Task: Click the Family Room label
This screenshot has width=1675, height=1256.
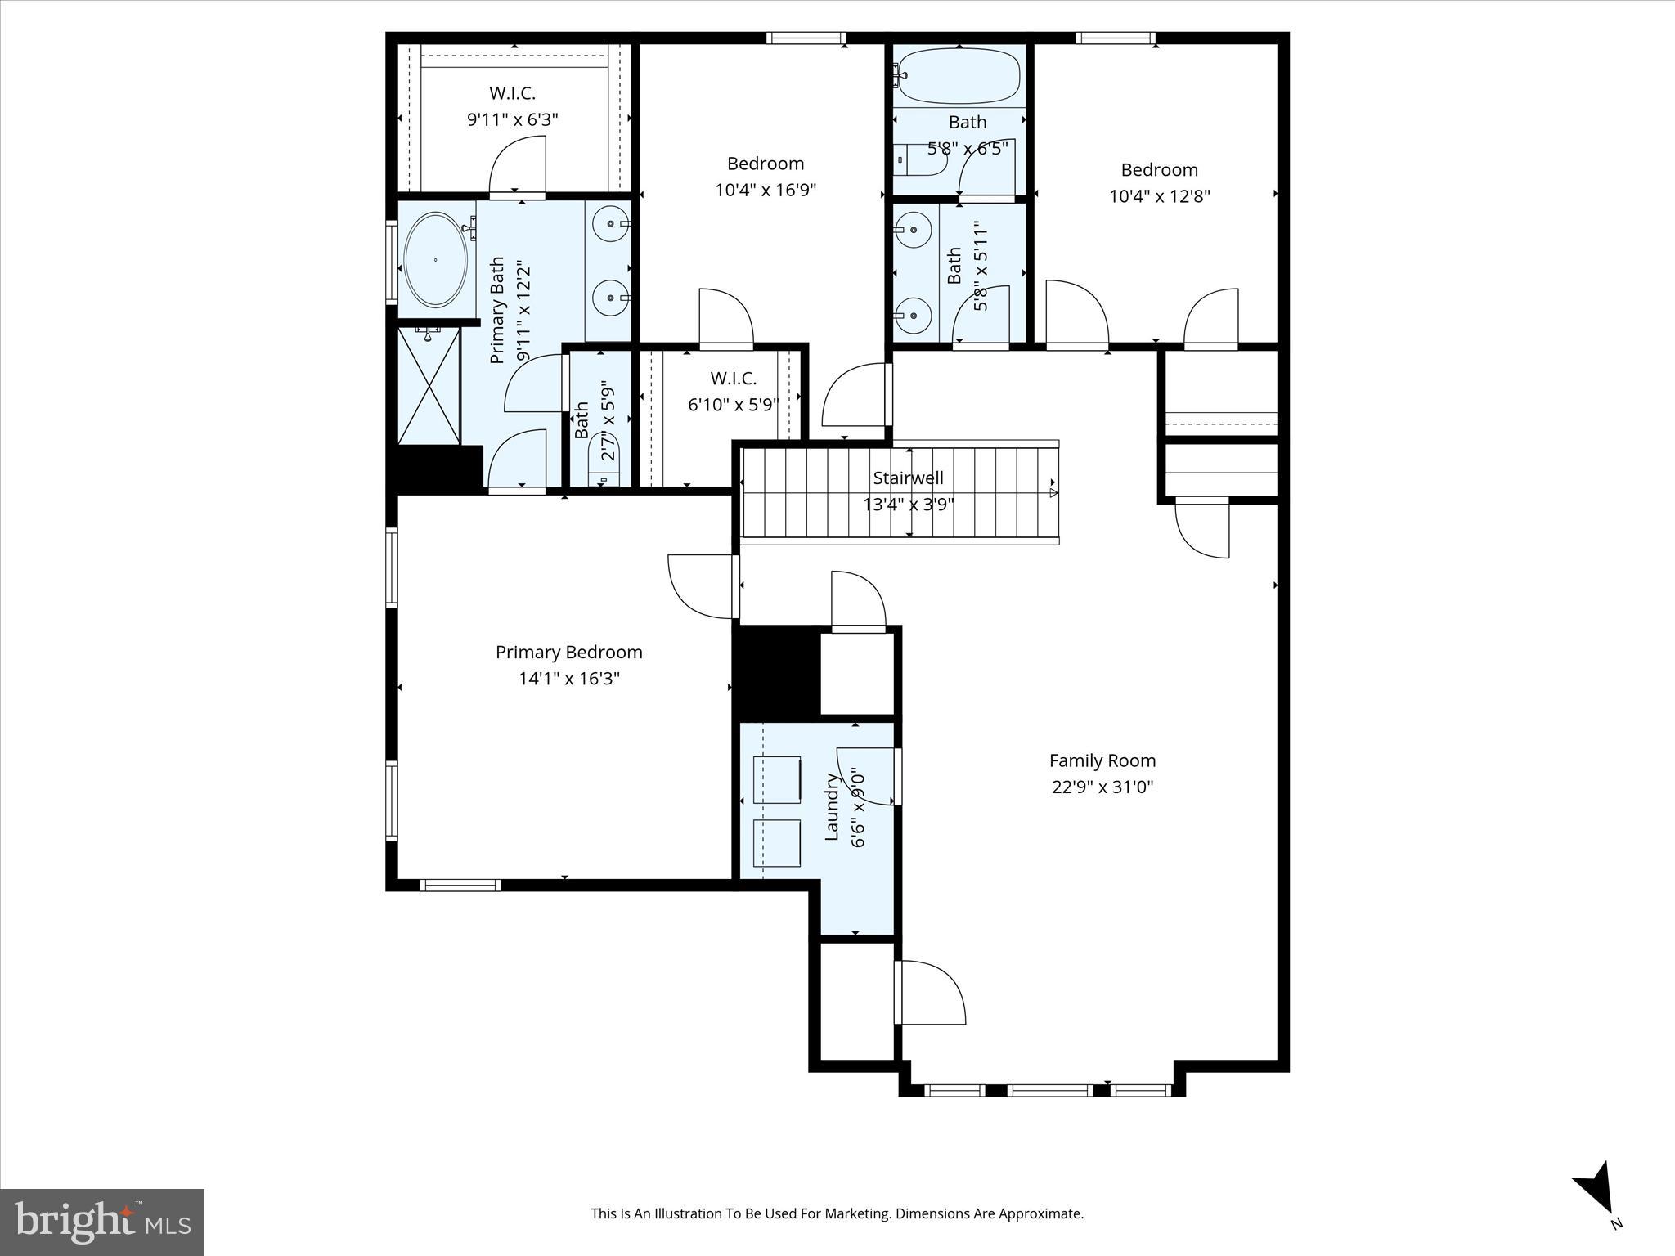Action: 1102,760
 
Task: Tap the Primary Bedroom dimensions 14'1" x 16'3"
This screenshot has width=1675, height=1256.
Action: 568,679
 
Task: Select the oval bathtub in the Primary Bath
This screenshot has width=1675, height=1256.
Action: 435,260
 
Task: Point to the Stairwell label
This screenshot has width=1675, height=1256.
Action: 908,478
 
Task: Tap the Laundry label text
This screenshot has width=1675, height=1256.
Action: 832,806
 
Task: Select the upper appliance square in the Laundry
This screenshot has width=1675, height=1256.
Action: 776,779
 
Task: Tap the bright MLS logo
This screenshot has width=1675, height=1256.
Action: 102,1222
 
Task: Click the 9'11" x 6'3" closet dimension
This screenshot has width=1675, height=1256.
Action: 512,119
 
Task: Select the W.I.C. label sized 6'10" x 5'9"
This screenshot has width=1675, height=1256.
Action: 733,379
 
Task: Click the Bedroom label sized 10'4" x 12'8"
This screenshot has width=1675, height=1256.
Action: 1159,170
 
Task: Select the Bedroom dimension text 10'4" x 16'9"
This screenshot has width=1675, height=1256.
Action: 766,191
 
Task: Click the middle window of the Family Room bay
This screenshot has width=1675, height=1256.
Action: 1049,1090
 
